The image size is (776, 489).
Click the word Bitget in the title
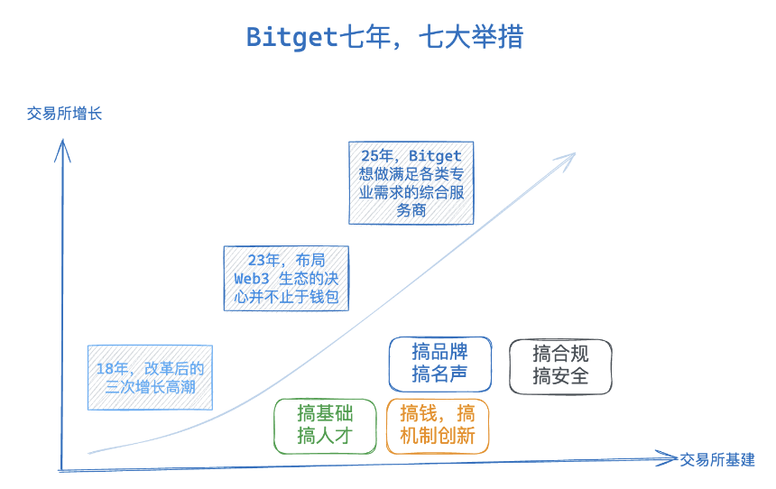pyautogui.click(x=291, y=38)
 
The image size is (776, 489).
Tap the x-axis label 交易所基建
pyautogui.click(x=717, y=459)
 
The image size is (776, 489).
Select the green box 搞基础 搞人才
pyautogui.click(x=325, y=426)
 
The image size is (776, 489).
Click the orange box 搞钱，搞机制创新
pyautogui.click(x=438, y=426)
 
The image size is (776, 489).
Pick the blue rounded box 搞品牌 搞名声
pyautogui.click(x=440, y=364)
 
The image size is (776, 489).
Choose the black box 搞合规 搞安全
pyautogui.click(x=560, y=366)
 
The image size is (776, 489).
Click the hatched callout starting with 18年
pyautogui.click(x=151, y=378)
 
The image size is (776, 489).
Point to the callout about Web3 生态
pyautogui.click(x=286, y=278)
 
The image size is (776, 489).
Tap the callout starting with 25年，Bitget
pyautogui.click(x=411, y=183)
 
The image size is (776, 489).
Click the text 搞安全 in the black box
pyautogui.click(x=560, y=377)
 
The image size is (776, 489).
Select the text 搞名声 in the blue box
pyautogui.click(x=440, y=374)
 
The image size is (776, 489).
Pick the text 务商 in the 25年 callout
pyautogui.click(x=411, y=210)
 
